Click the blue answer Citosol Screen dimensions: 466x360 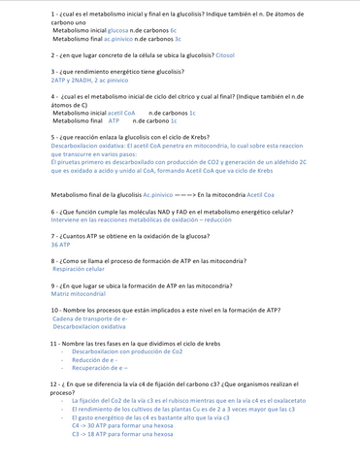pos(230,56)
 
